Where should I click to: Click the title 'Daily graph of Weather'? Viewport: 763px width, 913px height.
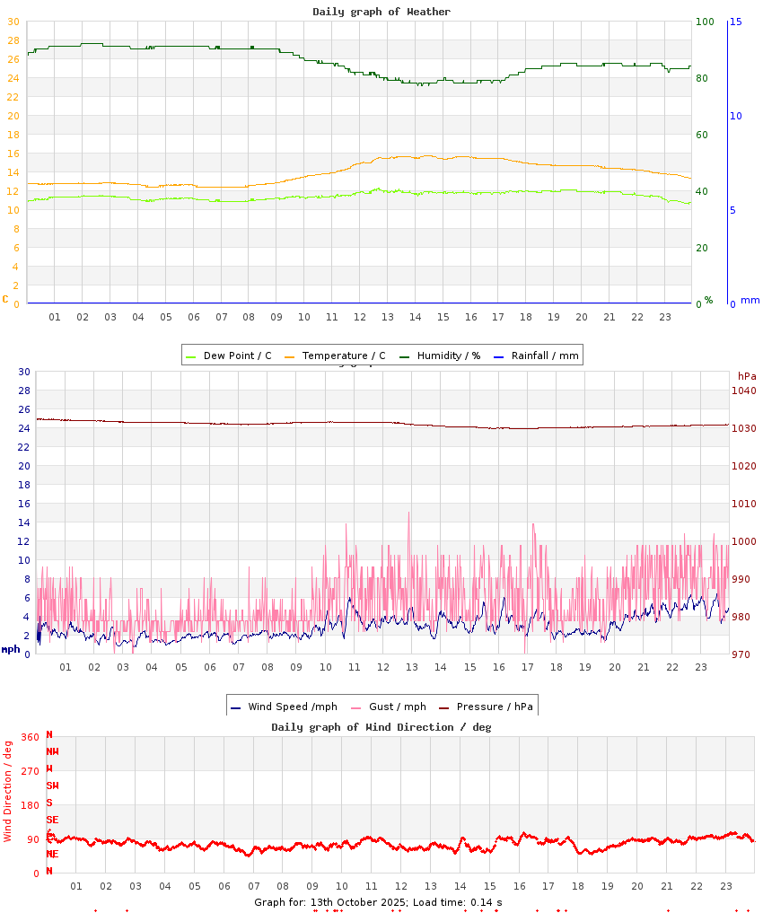381,12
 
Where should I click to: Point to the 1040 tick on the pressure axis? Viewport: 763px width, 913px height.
744,391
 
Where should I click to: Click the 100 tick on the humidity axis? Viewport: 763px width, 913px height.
706,22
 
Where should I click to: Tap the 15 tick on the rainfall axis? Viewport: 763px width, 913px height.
735,22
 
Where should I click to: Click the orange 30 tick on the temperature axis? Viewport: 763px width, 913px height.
13,22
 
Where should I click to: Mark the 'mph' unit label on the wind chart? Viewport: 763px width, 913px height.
11,649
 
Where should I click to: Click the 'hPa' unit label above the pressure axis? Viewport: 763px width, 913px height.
747,376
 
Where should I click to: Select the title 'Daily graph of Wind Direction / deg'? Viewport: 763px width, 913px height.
381,727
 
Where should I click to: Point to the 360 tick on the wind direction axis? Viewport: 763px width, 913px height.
31,737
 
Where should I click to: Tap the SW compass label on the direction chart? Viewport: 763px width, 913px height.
52,786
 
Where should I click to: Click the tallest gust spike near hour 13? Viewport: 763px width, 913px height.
409,514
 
